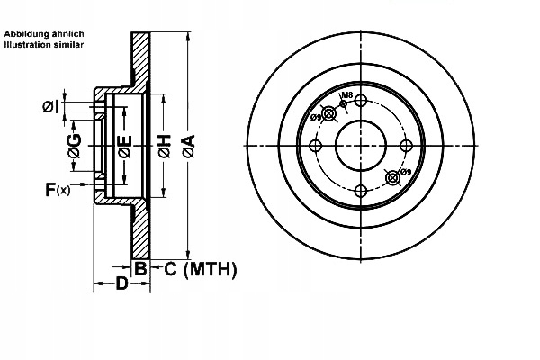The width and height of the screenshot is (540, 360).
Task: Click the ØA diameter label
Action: point(188,145)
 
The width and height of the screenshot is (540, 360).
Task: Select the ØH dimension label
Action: point(164,145)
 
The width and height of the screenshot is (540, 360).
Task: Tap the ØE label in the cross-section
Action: point(125,145)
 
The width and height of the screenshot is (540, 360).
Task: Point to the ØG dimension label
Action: point(76,145)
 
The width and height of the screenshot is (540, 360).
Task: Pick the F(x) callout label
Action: point(58,189)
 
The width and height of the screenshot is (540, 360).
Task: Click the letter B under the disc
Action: point(140,267)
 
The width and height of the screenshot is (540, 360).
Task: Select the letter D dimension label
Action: point(121,285)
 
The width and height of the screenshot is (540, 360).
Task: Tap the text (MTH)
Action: point(209,267)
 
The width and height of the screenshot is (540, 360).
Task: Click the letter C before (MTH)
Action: point(170,267)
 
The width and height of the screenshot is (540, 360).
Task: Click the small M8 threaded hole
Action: point(343,104)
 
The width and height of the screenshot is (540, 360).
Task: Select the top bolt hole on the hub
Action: point(360,101)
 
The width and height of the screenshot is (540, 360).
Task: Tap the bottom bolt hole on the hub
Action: point(360,190)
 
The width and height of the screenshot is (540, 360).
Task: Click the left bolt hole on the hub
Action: point(315,146)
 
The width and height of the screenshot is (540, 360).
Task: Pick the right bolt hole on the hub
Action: point(405,146)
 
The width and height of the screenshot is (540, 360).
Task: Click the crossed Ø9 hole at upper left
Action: point(329,113)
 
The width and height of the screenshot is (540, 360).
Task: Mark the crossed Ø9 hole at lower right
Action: point(391,177)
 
